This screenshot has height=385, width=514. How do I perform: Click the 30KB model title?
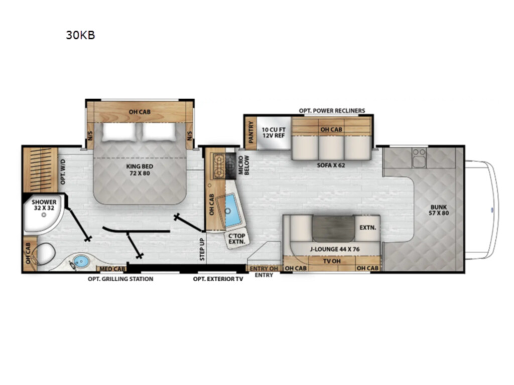(81, 35)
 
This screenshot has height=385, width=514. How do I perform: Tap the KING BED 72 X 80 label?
(140, 169)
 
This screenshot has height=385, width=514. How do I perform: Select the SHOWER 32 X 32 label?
(44, 205)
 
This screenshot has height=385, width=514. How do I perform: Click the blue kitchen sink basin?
(233, 210)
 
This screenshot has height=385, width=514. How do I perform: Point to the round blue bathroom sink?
(81, 261)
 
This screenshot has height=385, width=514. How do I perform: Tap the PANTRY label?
(251, 132)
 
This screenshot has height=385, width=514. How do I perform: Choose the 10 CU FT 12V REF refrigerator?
(274, 132)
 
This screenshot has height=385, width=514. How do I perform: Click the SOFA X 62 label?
(331, 165)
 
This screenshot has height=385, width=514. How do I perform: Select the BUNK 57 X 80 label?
(439, 210)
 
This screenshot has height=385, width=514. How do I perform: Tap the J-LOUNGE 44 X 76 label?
(335, 249)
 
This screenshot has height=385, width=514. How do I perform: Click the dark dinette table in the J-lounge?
(333, 229)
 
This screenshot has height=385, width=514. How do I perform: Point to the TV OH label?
(332, 261)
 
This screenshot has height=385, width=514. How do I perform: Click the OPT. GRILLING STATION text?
(120, 279)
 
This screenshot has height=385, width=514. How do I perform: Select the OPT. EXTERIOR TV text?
(218, 279)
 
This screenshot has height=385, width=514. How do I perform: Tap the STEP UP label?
(202, 250)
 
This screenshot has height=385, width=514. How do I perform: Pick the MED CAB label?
(112, 269)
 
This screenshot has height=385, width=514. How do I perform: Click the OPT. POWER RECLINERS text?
(332, 111)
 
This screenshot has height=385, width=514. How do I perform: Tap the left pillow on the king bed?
(119, 132)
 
